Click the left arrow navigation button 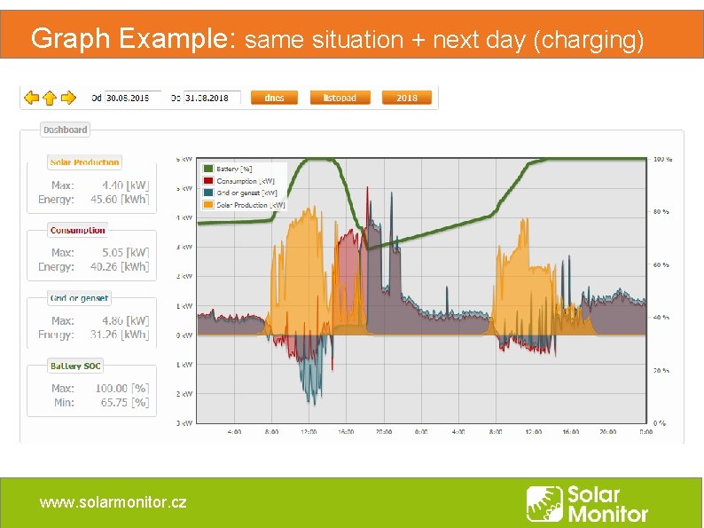pos(31,98)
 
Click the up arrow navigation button pos(50,98)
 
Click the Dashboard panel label pos(66,130)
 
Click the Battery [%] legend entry pos(234,169)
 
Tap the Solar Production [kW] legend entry pos(249,205)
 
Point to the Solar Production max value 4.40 pos(113,185)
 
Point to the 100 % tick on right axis pos(661,160)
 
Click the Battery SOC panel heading pos(76,366)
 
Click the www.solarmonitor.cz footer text pos(113,502)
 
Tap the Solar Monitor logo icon pos(544,504)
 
